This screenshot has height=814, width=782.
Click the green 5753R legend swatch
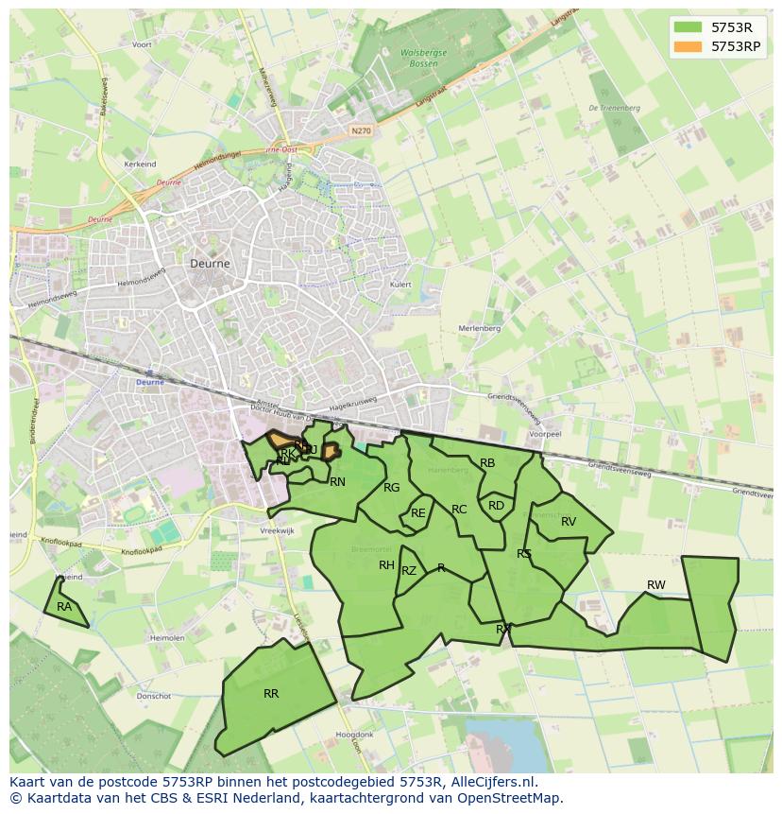(x=688, y=27)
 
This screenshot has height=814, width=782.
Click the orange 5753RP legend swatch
(x=688, y=45)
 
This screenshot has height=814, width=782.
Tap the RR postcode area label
(x=271, y=694)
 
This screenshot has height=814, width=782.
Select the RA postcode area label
(x=64, y=607)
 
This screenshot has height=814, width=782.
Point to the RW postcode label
(x=655, y=585)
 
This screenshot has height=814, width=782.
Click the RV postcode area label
(x=569, y=522)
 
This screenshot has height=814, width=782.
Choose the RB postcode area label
(x=487, y=463)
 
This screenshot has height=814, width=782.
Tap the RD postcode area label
(x=496, y=506)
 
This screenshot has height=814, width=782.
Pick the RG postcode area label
(x=392, y=488)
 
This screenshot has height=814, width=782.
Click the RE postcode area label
(x=418, y=513)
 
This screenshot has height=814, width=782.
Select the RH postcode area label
(x=386, y=565)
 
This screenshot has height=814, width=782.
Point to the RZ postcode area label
(x=409, y=571)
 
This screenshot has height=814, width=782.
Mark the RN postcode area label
(x=337, y=482)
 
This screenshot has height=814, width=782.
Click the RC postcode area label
(x=459, y=510)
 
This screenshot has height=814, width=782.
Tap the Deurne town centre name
(x=210, y=264)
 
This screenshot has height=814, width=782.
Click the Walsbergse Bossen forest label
(x=423, y=58)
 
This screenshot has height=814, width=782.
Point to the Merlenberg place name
(x=479, y=328)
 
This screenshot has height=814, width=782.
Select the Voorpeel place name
(x=546, y=434)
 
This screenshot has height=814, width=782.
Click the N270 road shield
(x=359, y=130)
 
